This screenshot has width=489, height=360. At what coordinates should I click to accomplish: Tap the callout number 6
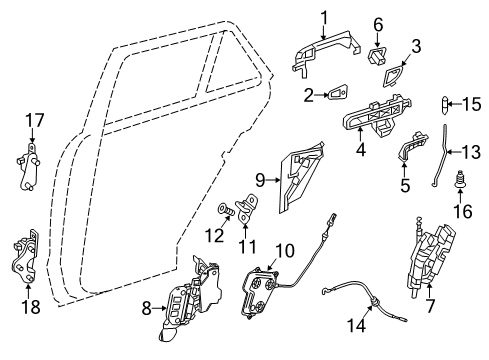pyautogui.click(x=378, y=25)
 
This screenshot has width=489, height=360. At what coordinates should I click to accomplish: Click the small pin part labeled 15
pyautogui.click(x=444, y=105)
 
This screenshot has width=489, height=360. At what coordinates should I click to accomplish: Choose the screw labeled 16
pyautogui.click(x=460, y=179)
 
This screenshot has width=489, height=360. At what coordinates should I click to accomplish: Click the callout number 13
pyautogui.click(x=471, y=152)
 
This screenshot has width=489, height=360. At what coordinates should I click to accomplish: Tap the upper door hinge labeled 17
pyautogui.click(x=29, y=166)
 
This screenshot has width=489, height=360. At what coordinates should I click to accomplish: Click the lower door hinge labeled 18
pyautogui.click(x=25, y=256)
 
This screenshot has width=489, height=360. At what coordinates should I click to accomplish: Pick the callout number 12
pyautogui.click(x=214, y=236)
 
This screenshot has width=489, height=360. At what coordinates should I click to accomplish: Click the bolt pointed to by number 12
pyautogui.click(x=225, y=210)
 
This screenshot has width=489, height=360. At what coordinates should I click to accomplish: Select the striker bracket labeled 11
pyautogui.click(x=246, y=208)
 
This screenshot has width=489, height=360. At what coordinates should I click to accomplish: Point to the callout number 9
pyautogui.click(x=260, y=180)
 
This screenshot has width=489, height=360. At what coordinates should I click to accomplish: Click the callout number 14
pyautogui.click(x=356, y=325)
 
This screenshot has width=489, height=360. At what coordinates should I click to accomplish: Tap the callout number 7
pyautogui.click(x=430, y=306)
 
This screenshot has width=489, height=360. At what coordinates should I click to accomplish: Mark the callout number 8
pyautogui.click(x=147, y=308)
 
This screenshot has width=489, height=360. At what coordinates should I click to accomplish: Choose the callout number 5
pyautogui.click(x=405, y=185)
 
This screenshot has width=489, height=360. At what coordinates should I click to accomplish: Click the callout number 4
pyautogui.click(x=361, y=150)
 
